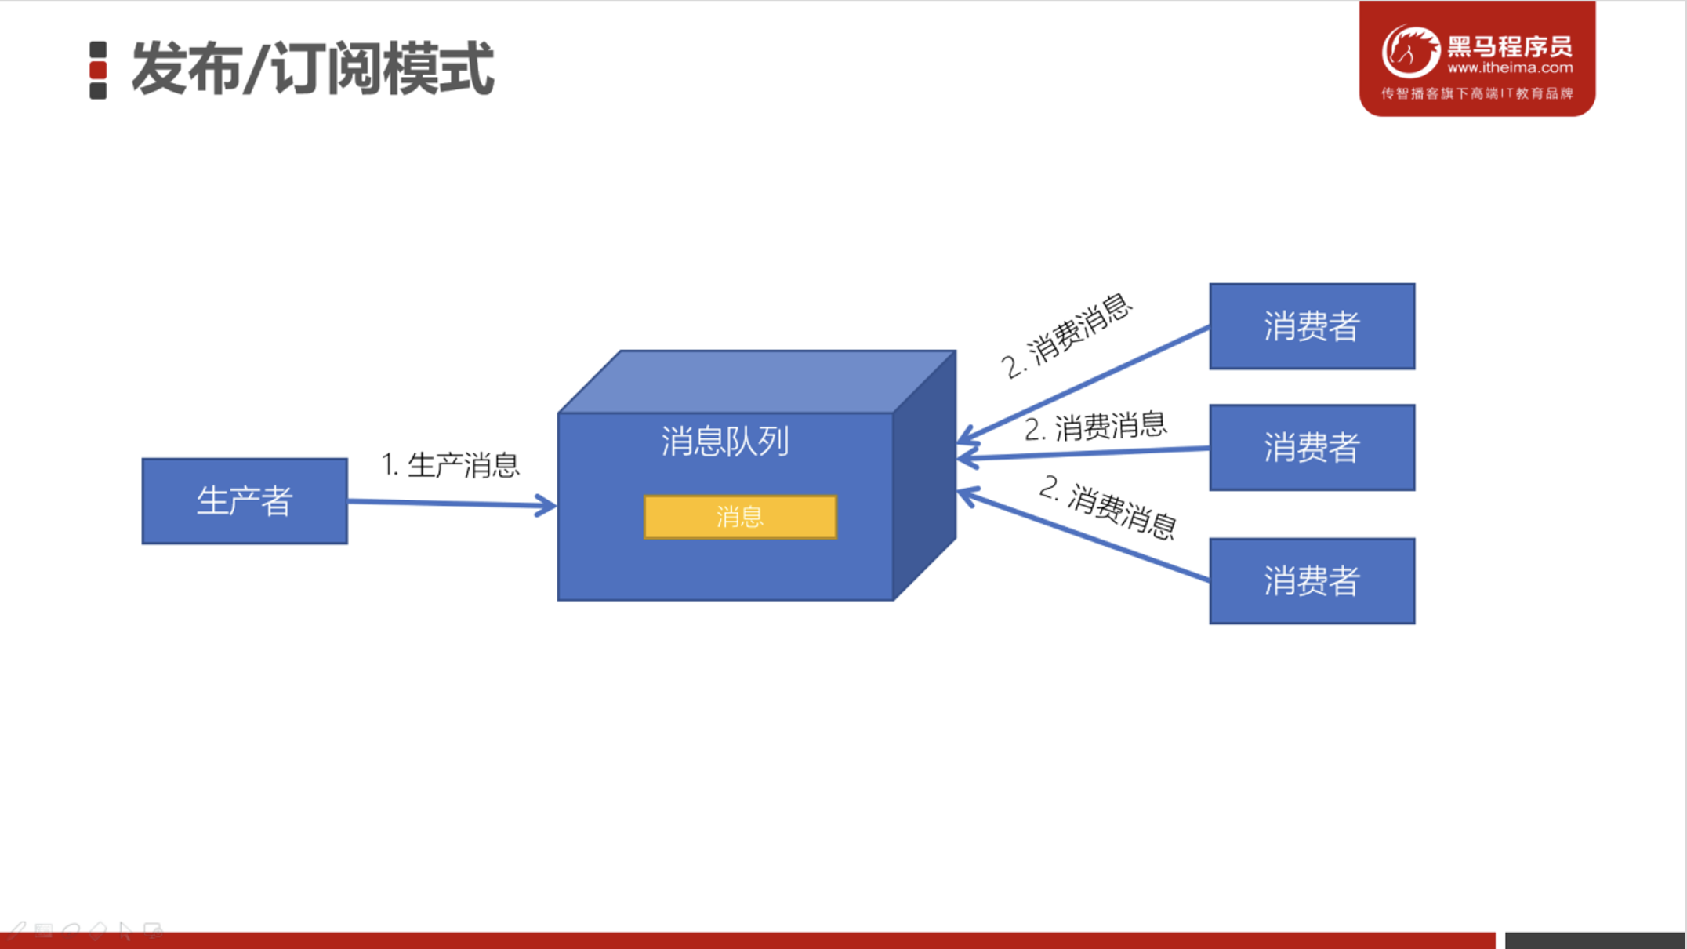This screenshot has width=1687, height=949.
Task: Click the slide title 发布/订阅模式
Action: point(312,69)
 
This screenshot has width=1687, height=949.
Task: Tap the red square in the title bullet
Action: point(98,70)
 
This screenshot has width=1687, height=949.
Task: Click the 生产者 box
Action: point(245,501)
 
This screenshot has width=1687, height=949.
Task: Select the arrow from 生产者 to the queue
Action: point(451,504)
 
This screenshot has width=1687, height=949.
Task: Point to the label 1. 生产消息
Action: point(450,465)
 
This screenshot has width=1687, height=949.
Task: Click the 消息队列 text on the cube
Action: point(725,441)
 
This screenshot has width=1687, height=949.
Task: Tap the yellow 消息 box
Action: point(740,517)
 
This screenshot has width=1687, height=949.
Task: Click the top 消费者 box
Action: point(1312,326)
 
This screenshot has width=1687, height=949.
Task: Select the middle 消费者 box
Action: point(1312,448)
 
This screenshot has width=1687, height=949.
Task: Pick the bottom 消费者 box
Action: point(1312,581)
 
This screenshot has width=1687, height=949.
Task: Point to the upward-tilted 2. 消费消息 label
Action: point(1067,335)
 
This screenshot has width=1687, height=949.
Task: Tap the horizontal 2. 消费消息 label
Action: point(1095,427)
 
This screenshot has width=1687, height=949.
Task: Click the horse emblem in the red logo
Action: point(1410,52)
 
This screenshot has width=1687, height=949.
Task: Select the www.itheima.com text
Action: point(1510,68)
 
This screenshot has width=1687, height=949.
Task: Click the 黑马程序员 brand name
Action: point(1510,46)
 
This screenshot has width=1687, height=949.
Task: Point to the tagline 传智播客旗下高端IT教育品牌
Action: point(1477,93)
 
